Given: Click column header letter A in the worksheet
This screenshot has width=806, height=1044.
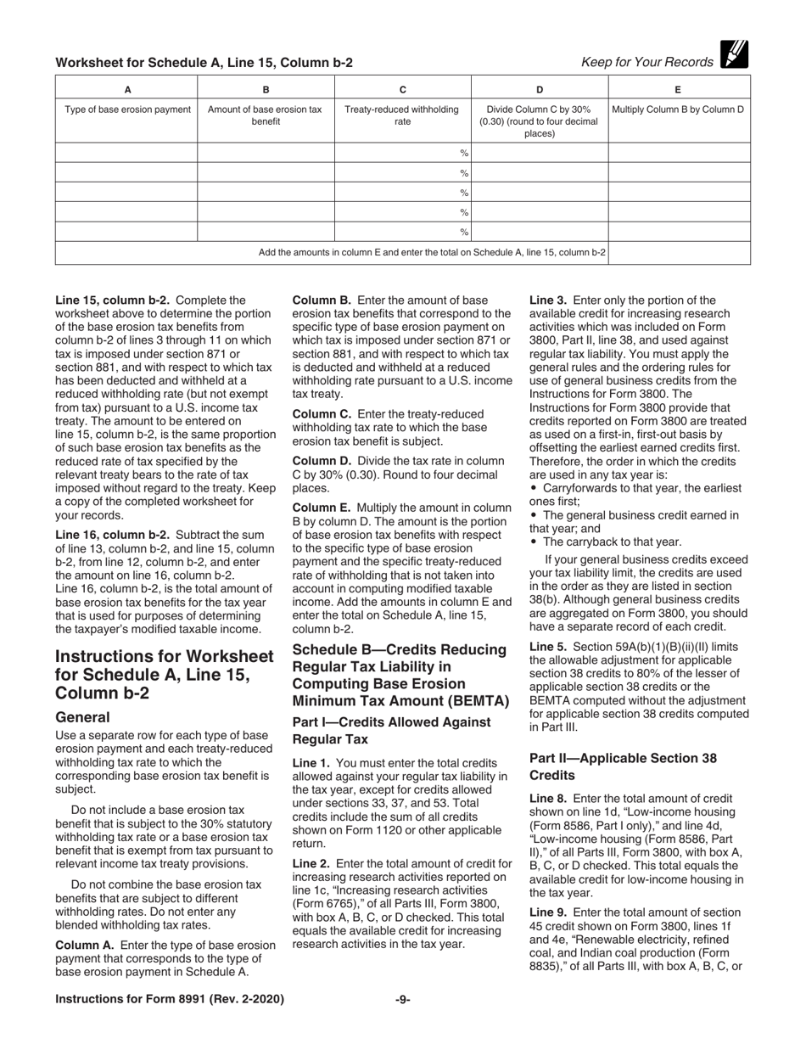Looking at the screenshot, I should tap(127, 89).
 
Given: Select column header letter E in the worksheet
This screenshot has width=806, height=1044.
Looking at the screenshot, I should tap(678, 89).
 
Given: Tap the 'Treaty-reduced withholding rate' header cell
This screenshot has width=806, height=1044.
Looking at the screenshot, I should tap(402, 115).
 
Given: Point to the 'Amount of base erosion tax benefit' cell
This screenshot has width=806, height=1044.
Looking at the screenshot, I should tap(266, 115).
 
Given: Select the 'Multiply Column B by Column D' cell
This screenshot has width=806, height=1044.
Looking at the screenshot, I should tap(678, 109).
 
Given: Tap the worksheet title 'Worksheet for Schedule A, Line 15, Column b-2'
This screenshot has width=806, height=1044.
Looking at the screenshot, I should tap(204, 62).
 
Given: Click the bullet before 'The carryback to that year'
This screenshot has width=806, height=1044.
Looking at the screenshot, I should tap(534, 542).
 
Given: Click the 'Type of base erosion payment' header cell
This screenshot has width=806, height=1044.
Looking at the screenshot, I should tap(127, 109).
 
